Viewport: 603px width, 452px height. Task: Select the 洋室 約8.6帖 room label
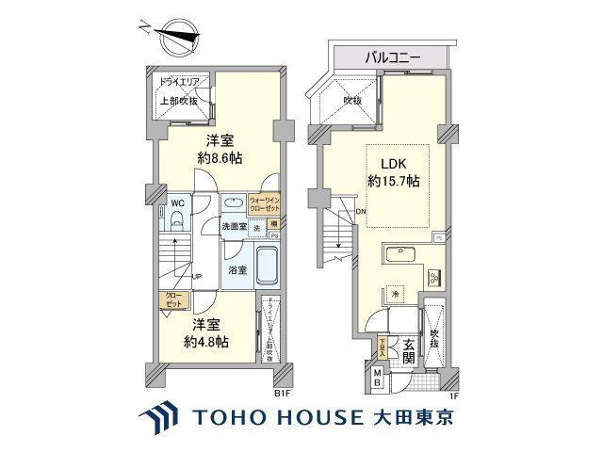tap(220, 150)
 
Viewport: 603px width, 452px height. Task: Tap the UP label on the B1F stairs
tap(198, 276)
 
